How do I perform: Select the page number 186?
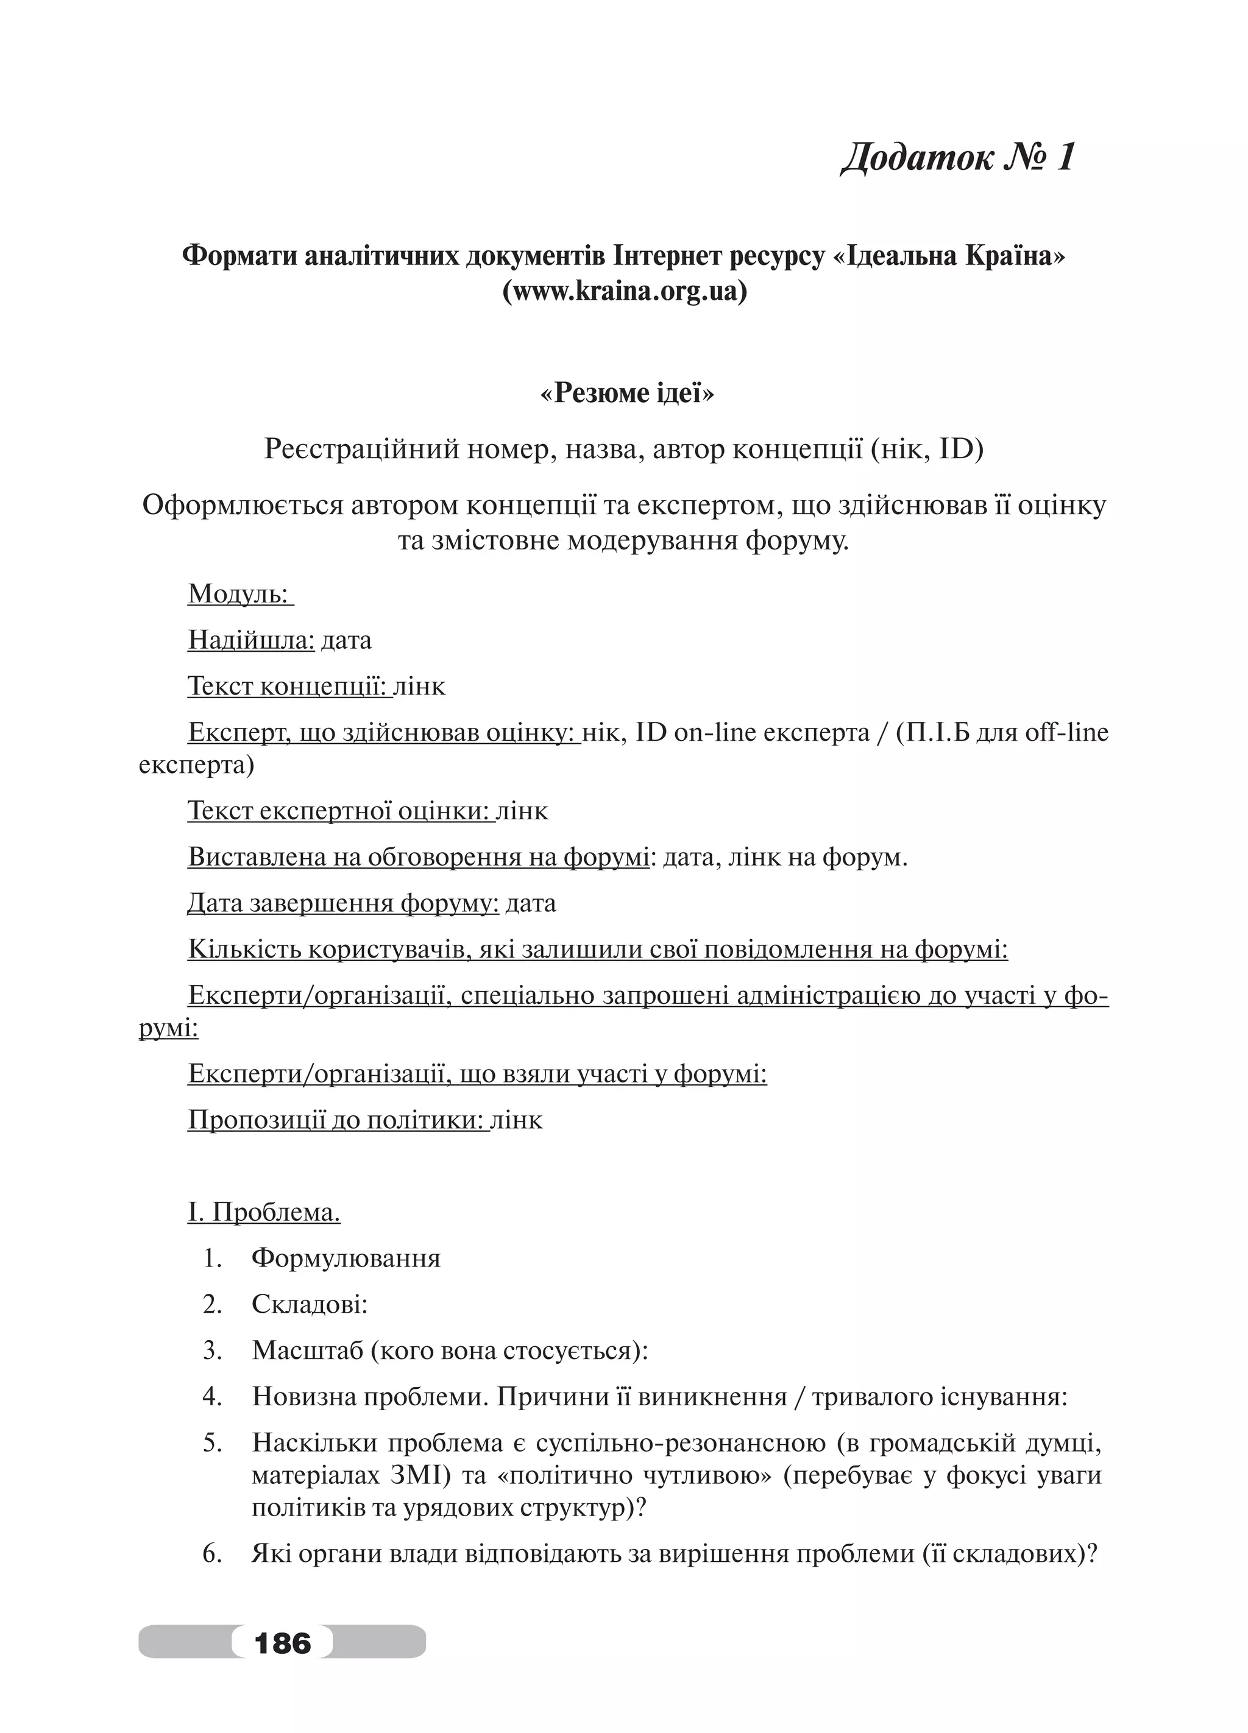click(283, 1642)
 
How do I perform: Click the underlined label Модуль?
click(239, 594)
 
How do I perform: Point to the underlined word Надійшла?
click(250, 640)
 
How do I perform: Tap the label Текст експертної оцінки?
click(339, 811)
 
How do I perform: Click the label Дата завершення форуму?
click(343, 903)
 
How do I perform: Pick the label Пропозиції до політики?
click(337, 1120)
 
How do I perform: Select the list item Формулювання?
click(346, 1258)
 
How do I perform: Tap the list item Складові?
click(310, 1304)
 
